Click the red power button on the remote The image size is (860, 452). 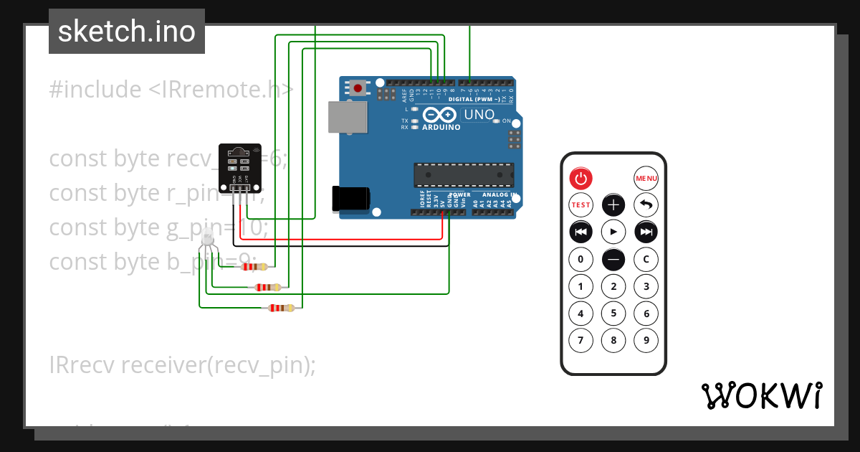click(580, 178)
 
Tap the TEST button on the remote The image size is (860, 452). click(580, 205)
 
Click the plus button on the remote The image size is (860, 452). click(613, 205)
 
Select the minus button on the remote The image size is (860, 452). click(613, 259)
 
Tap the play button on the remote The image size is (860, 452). click(613, 232)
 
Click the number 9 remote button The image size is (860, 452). click(646, 340)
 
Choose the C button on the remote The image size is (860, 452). click(646, 259)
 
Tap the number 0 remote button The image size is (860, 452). click(580, 259)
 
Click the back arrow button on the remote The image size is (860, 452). click(646, 205)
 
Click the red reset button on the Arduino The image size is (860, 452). click(358, 88)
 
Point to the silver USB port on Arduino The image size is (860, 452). click(347, 116)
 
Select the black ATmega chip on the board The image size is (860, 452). click(463, 174)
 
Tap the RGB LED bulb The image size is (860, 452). click(207, 237)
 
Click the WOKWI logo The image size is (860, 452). click(761, 395)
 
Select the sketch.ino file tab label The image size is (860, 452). click(127, 32)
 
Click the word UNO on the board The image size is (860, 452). click(479, 115)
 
